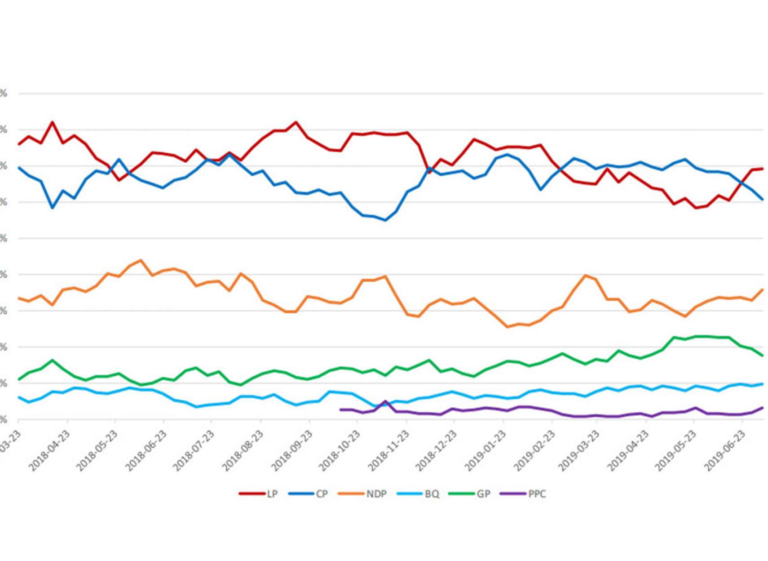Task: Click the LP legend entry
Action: pos(259,494)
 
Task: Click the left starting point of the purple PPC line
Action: pos(340,410)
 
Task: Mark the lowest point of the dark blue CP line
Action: pos(385,220)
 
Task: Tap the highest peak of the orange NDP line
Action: pos(141,260)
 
